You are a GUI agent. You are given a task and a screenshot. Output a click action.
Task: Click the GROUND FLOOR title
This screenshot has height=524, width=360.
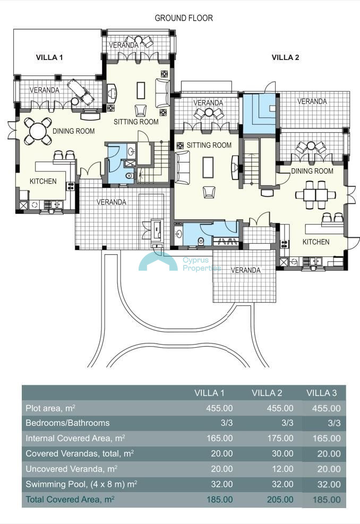point(184,18)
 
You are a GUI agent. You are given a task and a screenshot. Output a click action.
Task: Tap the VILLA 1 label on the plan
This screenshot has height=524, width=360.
point(49,57)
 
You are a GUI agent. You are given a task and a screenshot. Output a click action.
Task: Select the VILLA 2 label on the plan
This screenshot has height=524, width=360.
point(285,57)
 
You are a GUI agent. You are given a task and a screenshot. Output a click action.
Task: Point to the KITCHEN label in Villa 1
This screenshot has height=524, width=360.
point(43,182)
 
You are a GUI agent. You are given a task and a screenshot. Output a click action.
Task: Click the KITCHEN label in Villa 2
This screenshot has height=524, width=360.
point(316,242)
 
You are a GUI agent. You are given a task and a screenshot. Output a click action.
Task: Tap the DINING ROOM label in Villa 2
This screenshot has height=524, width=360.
point(312,171)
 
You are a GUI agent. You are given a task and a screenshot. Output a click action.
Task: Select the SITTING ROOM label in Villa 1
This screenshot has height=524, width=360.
point(136,122)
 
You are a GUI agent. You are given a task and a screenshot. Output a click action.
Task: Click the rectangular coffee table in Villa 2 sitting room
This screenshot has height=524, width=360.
point(208,167)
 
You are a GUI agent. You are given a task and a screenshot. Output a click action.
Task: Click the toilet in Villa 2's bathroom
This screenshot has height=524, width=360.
point(201,241)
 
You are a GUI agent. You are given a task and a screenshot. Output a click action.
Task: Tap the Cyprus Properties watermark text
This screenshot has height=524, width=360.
point(202,264)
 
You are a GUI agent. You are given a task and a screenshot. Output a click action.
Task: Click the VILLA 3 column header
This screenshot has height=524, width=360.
point(322,393)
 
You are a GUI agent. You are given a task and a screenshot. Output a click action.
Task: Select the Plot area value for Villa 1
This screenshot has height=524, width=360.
point(219,408)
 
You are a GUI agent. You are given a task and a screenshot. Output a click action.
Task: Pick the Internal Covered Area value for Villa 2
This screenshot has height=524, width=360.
point(280,439)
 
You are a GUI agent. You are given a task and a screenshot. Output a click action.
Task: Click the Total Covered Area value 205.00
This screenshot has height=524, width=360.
point(280,500)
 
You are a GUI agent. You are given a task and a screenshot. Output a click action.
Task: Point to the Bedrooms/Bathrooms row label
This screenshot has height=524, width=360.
point(67,423)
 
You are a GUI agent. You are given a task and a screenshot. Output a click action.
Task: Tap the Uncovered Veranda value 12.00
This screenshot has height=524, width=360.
point(282,469)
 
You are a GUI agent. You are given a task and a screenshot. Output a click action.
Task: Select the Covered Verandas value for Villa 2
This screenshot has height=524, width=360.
point(282,454)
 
